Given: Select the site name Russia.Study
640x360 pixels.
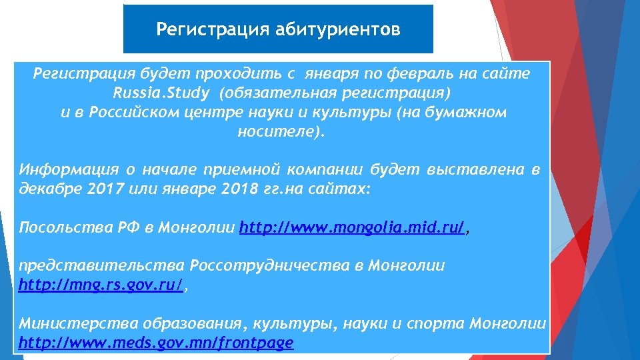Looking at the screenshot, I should (162, 93).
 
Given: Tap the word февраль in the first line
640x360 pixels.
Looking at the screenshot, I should (377, 74).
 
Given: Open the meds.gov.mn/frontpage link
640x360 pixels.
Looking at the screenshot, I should (156, 343).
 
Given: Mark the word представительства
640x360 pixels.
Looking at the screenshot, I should (102, 266).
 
